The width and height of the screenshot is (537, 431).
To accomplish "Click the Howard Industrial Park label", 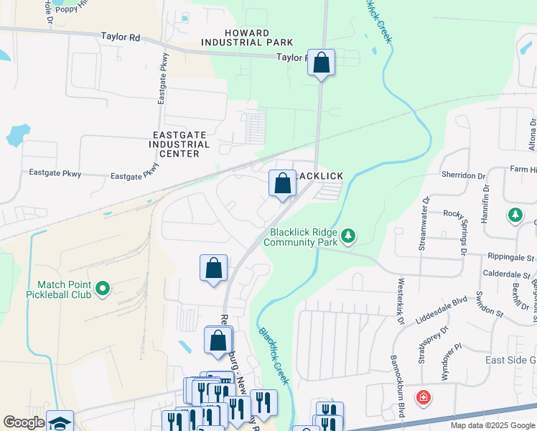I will point(248,38).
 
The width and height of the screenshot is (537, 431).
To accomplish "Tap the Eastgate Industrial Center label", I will point(181,144).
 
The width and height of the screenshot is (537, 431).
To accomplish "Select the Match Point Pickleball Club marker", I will point(102,289).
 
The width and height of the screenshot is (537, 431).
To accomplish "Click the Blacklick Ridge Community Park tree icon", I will point(347,235).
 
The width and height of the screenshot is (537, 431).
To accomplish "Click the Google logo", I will point(24,422).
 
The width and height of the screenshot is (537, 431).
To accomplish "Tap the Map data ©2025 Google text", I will point(492,425).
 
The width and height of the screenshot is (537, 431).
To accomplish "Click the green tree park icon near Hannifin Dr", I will point(515,215).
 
